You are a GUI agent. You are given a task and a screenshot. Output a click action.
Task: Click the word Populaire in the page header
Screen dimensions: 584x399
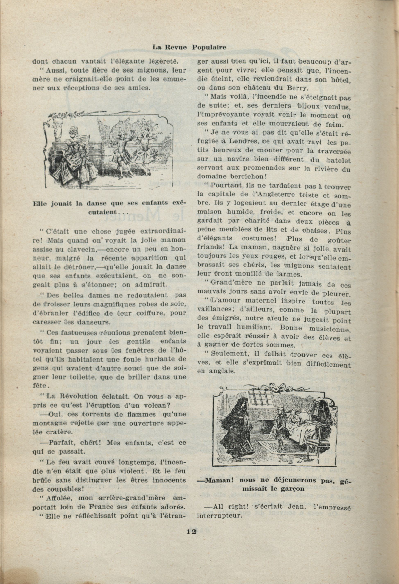(209, 47)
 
